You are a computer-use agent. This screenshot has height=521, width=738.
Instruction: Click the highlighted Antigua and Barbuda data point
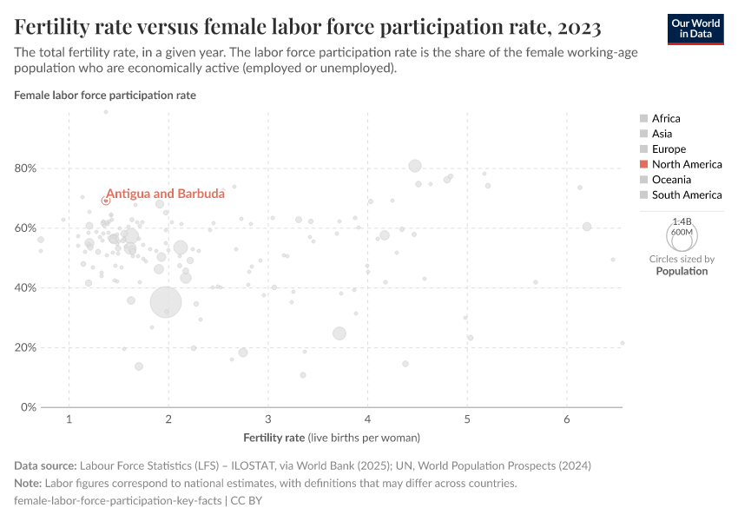[106, 201]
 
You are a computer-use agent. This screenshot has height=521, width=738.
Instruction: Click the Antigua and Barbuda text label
[153, 194]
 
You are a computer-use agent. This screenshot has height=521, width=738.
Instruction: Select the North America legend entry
[686, 164]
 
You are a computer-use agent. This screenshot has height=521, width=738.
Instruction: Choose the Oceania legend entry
[671, 180]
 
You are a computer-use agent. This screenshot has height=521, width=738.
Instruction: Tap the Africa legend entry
[666, 118]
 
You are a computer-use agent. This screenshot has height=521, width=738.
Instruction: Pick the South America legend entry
[686, 195]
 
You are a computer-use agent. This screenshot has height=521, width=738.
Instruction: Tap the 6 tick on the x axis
[567, 420]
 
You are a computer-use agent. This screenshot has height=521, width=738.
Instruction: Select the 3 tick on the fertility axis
[268, 420]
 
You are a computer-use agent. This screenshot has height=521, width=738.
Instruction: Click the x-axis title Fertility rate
[274, 437]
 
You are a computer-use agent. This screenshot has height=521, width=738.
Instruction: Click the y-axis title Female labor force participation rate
[105, 96]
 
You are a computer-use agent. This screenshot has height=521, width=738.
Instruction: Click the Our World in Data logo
[695, 28]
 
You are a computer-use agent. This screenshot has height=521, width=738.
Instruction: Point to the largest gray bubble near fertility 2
[166, 302]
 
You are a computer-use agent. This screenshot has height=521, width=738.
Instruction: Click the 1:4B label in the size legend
[682, 222]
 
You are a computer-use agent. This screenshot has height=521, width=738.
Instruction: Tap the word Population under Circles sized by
[682, 271]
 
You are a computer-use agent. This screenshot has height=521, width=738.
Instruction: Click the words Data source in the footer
[45, 466]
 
